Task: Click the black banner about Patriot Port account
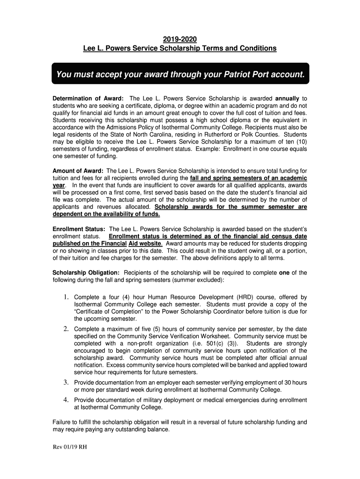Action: [180, 74]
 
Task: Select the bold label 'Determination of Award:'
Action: [88, 99]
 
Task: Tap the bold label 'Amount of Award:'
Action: [78, 171]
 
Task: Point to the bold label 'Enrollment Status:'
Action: [79, 229]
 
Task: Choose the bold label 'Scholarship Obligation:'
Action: [86, 273]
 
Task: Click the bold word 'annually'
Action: [287, 99]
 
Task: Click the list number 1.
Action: [67, 297]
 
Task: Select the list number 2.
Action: [67, 329]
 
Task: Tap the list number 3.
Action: [67, 383]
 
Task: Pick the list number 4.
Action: [67, 400]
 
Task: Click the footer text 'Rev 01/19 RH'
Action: [70, 447]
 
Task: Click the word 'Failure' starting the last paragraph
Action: [63, 422]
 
